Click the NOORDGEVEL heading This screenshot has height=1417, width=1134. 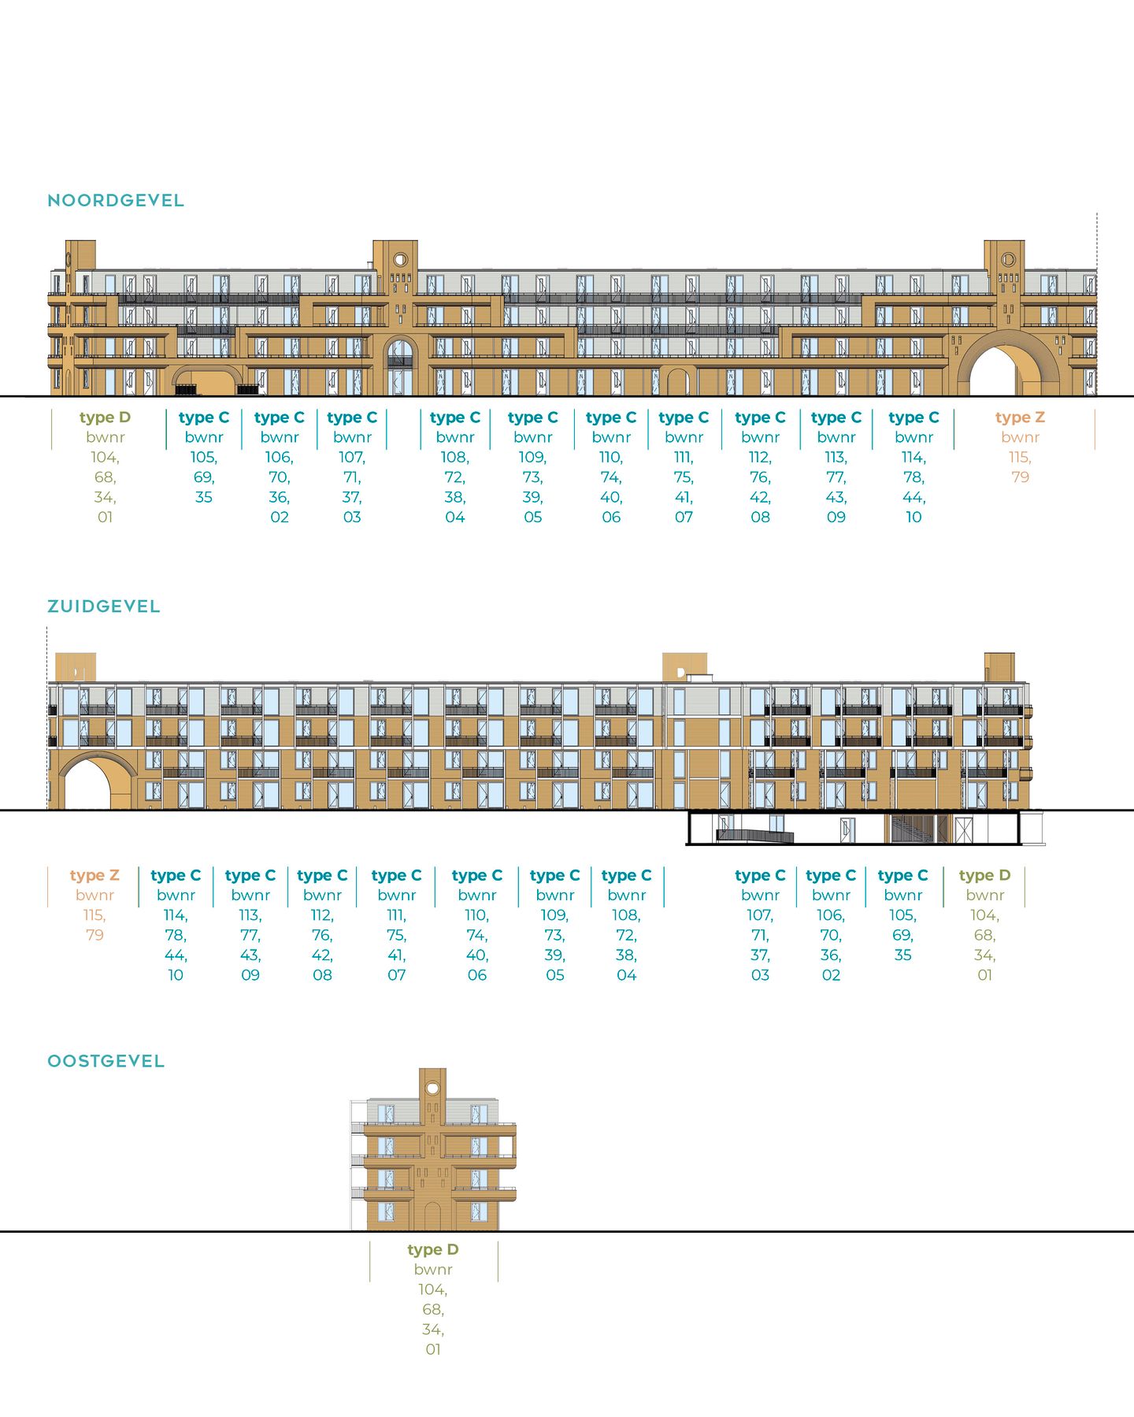[116, 201]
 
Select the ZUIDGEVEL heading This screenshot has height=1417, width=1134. [104, 606]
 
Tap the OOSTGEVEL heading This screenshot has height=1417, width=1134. [106, 1061]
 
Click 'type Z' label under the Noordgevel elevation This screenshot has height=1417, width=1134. [1020, 417]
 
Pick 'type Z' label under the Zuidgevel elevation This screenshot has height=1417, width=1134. [94, 875]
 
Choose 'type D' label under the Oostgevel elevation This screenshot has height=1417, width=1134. [433, 1249]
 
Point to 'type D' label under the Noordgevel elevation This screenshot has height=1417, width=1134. [105, 417]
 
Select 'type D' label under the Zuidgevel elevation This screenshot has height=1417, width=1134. [984, 875]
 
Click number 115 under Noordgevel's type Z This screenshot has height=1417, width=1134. [1019, 458]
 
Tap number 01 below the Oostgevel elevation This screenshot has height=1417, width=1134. [433, 1349]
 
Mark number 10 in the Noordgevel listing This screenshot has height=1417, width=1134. [913, 517]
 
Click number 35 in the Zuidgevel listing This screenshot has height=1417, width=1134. [902, 955]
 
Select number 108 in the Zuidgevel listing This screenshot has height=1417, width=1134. [626, 915]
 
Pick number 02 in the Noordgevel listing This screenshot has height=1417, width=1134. [280, 517]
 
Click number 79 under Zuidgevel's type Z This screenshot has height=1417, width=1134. [94, 935]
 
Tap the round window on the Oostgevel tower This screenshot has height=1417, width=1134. [432, 1088]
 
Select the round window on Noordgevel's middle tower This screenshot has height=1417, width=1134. [400, 259]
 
